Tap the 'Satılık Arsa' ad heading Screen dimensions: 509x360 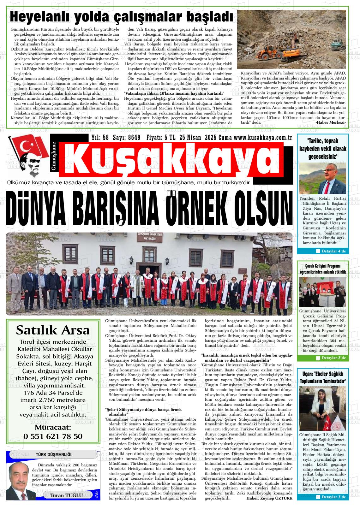53,330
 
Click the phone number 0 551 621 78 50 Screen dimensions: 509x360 53,436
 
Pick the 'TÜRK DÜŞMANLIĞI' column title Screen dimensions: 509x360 53,454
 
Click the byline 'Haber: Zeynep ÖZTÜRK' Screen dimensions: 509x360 269,498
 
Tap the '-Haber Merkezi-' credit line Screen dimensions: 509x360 330,122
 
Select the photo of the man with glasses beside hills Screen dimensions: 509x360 322,178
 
